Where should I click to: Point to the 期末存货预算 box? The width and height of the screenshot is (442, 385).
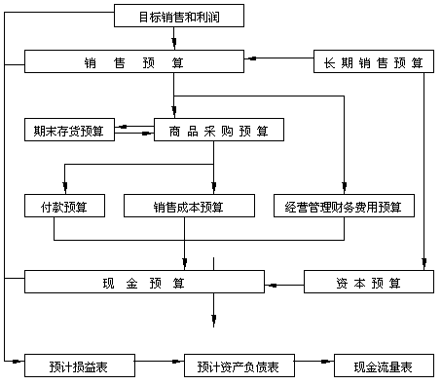click(x=69, y=129)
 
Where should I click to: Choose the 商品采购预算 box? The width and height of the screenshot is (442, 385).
click(x=218, y=130)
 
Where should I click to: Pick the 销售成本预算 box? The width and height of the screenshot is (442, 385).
click(x=188, y=206)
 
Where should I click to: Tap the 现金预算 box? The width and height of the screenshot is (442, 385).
click(x=143, y=283)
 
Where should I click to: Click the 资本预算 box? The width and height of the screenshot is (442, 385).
click(x=368, y=283)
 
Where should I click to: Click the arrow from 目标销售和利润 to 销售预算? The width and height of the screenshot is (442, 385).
click(x=173, y=39)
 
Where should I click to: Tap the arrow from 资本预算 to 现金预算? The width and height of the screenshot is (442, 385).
click(x=283, y=284)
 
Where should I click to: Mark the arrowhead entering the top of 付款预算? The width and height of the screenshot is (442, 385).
click(x=63, y=189)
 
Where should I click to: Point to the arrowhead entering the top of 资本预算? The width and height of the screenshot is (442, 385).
click(x=424, y=264)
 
